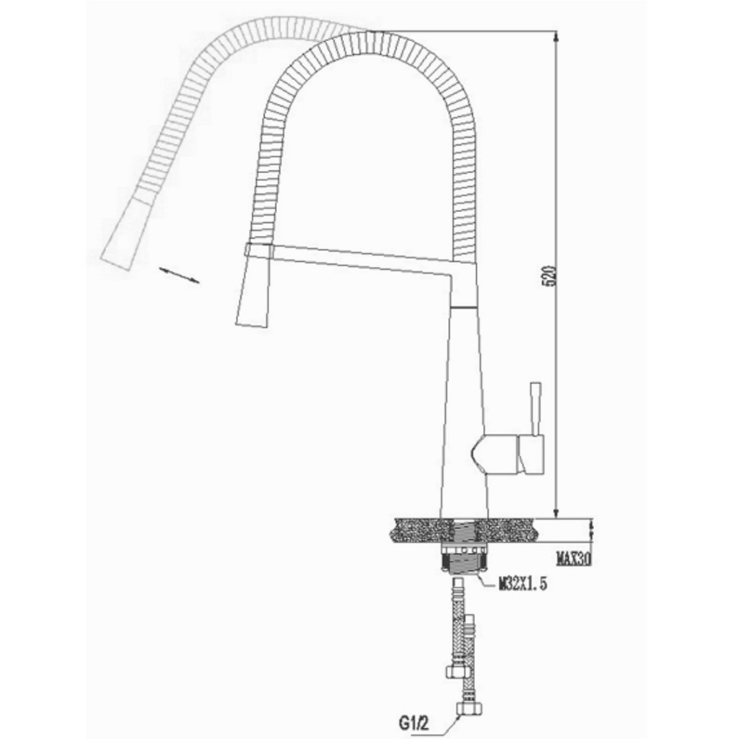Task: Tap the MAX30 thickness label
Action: coord(574,558)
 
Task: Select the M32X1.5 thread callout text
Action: coord(522,584)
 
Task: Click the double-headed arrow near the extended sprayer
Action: coord(178,275)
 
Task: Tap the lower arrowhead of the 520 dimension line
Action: coord(556,512)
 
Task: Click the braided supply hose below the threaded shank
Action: coord(458,621)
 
